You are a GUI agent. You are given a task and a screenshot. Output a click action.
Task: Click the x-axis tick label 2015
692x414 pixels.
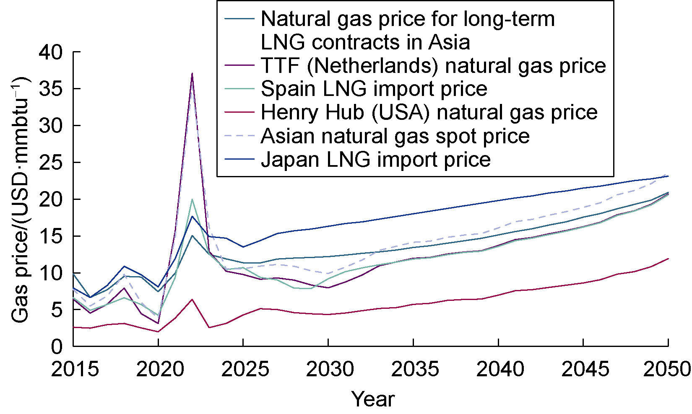75,369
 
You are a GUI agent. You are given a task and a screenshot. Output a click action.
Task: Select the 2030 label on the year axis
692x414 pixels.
330,369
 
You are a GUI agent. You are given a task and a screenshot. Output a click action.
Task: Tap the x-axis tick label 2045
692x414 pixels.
585,369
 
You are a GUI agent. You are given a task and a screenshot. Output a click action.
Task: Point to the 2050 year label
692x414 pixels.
667,369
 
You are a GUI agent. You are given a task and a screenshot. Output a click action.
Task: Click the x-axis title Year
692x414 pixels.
373,399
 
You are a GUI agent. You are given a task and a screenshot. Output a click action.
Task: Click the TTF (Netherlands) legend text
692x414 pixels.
433,66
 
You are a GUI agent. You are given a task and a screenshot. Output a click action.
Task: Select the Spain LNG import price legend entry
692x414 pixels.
374,89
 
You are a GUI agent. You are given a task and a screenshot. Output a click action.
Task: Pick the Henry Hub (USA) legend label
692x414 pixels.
429,112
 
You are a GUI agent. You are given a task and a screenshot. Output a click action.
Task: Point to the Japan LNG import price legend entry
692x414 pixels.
375,160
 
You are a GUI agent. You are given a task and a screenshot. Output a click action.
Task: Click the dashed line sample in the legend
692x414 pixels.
239,136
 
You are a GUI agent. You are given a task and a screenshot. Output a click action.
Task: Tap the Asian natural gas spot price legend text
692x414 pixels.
395,136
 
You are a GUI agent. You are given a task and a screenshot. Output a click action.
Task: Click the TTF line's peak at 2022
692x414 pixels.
192,73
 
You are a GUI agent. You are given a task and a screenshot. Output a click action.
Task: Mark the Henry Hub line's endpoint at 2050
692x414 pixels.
668,259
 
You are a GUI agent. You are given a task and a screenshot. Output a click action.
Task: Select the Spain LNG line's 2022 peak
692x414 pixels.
192,199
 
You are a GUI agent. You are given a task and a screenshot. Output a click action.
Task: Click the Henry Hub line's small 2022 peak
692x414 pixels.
192,299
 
